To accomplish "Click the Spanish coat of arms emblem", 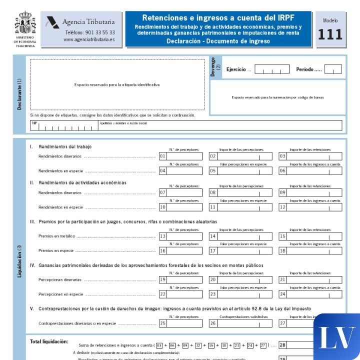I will tap(25, 23).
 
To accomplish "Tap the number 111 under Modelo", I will tap(330, 34).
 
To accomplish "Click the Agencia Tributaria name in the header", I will tap(88, 22).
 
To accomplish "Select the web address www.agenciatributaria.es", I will tap(89, 39).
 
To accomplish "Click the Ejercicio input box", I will tap(271, 69).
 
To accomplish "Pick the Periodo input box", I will tap(332, 69).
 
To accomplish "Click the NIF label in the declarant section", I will tap(34, 122).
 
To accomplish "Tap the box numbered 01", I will tap(180, 156).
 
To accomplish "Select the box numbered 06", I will tap(310, 170).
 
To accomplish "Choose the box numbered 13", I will tap(180, 236).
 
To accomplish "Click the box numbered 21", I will tap(310, 279).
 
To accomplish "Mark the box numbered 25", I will tap(180, 323).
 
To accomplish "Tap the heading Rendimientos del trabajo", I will tap(65, 146).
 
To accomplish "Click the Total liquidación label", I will tap(49, 341).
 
